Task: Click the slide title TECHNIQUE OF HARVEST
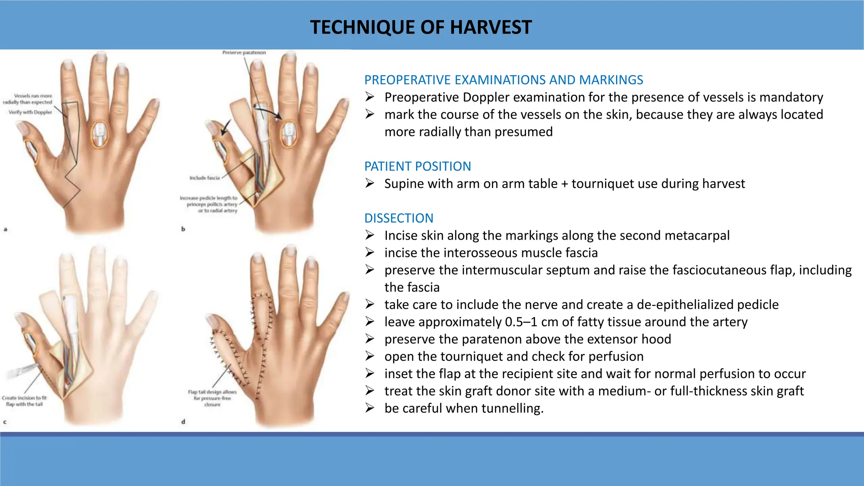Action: pyautogui.click(x=421, y=27)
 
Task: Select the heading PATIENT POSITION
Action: pyautogui.click(x=417, y=166)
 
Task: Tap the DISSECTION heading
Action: pyautogui.click(x=399, y=218)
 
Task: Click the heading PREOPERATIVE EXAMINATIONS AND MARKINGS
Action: pyautogui.click(x=503, y=80)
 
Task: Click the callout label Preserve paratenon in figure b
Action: pyautogui.click(x=244, y=53)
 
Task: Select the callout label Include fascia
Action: pyautogui.click(x=205, y=178)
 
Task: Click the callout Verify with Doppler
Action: pyautogui.click(x=30, y=112)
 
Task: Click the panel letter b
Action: pyautogui.click(x=183, y=229)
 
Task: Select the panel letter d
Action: pyautogui.click(x=183, y=421)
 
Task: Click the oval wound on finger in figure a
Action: pyautogui.click(x=100, y=135)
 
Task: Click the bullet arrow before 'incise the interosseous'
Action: pyautogui.click(x=370, y=253)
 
